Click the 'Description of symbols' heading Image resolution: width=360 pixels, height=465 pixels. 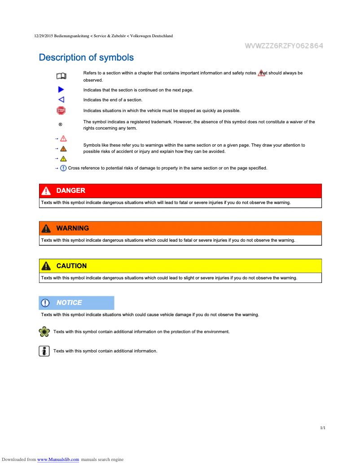click(86, 57)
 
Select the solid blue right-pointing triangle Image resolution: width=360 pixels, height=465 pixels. click(61, 90)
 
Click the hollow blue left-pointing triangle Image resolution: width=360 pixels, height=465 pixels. click(61, 100)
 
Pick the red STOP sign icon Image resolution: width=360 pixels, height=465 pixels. click(61, 110)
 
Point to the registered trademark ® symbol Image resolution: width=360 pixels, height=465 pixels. click(61, 124)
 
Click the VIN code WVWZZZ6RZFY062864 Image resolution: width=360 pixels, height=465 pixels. click(284, 46)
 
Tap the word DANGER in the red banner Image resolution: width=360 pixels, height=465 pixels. click(70, 191)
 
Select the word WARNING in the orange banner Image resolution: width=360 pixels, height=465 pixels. click(72, 228)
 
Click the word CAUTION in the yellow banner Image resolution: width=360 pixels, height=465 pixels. click(71, 266)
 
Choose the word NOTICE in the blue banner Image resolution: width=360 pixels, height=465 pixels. click(69, 303)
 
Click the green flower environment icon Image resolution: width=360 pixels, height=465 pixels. click(44, 332)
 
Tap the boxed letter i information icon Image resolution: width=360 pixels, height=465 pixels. click(44, 351)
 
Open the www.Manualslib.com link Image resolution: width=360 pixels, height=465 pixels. click(58, 459)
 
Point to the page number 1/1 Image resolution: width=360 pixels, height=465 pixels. click(322, 428)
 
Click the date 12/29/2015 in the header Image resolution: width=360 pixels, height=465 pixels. click(44, 36)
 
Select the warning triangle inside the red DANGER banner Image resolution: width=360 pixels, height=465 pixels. click(46, 191)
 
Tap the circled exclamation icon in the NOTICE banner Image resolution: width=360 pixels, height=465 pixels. click(45, 303)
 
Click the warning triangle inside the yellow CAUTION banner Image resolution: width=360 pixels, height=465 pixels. click(46, 266)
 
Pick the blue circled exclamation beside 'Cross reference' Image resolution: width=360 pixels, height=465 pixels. click(63, 168)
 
